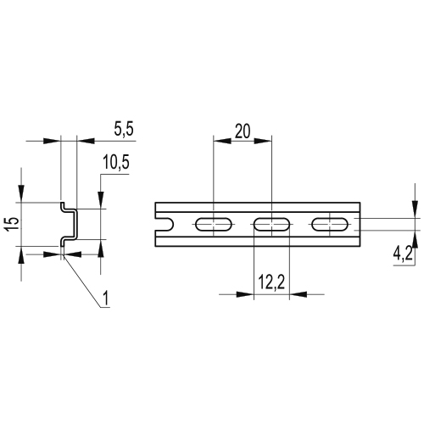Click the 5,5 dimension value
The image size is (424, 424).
coord(124,130)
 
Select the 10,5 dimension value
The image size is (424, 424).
coord(116,163)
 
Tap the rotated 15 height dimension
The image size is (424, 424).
coord(13,224)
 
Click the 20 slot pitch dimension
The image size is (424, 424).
coord(243,131)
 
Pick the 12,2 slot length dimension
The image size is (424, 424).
coord(271,282)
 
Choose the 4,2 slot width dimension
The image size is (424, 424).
coord(403,255)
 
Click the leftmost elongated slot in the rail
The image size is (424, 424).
coord(214,225)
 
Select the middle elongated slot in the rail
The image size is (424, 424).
coord(271,225)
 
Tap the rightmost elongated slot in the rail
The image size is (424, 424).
coord(330,225)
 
